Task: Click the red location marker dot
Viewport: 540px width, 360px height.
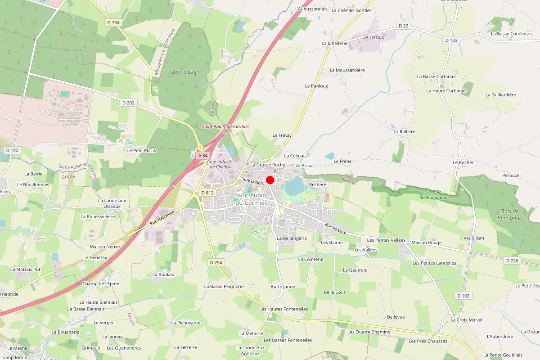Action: click(270, 180)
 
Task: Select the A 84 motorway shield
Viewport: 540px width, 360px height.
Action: click(203, 155)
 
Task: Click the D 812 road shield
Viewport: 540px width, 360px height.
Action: click(207, 193)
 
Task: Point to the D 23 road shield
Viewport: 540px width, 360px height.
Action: click(404, 26)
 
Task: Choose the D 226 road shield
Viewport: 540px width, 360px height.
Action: click(512, 261)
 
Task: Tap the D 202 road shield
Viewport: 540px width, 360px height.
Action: click(128, 103)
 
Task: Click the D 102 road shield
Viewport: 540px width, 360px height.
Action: click(12, 150)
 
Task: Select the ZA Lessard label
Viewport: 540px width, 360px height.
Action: click(374, 37)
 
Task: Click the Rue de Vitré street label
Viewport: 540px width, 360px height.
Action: click(336, 229)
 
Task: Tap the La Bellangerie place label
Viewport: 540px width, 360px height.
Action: click(292, 238)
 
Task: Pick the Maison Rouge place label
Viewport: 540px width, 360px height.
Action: click(427, 243)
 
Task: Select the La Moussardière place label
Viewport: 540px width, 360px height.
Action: click(347, 70)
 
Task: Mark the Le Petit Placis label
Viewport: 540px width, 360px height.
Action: click(142, 150)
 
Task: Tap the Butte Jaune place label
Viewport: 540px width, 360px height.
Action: click(283, 287)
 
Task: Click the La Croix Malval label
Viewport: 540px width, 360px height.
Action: click(466, 320)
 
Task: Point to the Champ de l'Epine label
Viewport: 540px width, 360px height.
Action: click(100, 283)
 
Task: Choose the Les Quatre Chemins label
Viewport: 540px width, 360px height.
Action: click(369, 332)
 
